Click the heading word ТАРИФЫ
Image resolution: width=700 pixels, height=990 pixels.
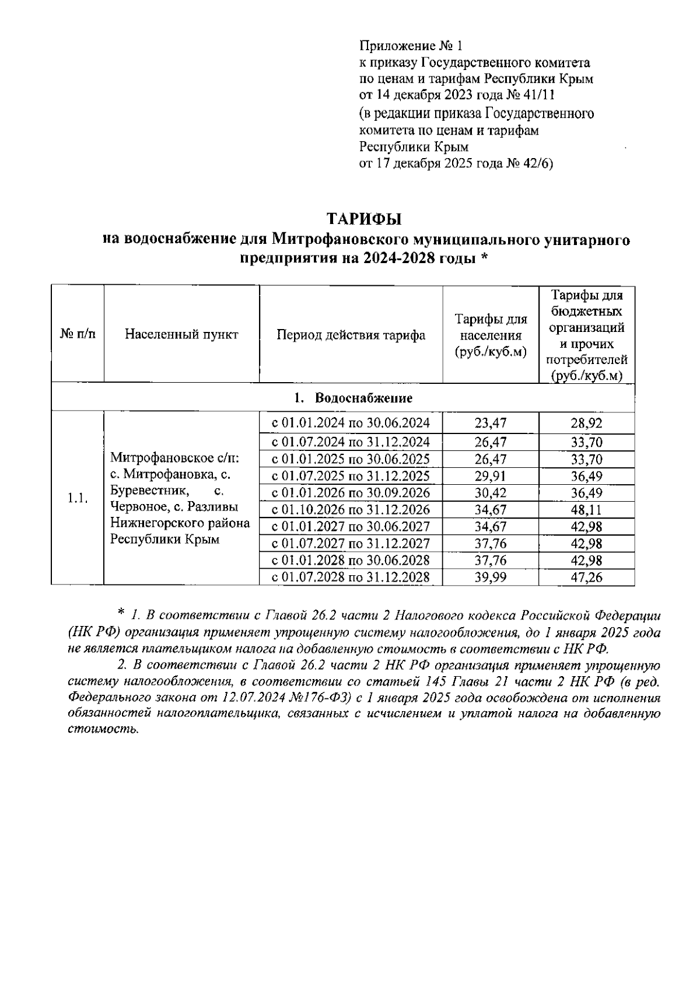[364, 219]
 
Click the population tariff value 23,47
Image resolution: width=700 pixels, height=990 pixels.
[490, 423]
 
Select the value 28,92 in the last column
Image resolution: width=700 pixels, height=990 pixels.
[586, 423]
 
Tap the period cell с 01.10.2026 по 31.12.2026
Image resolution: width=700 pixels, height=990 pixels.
[351, 510]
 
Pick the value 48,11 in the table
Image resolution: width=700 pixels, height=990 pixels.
[586, 510]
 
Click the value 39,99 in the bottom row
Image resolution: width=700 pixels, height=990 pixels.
[490, 578]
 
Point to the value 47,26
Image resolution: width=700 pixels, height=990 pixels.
[586, 578]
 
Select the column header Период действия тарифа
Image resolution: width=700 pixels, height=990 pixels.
[351, 335]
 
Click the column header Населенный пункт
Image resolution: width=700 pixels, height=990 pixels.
[181, 335]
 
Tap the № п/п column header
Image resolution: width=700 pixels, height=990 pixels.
[78, 335]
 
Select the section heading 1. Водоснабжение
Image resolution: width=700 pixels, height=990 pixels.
[353, 398]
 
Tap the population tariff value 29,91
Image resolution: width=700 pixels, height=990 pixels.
[490, 476]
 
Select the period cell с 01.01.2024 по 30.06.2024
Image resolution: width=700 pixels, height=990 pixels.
[351, 423]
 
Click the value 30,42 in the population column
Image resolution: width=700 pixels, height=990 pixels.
[490, 493]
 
